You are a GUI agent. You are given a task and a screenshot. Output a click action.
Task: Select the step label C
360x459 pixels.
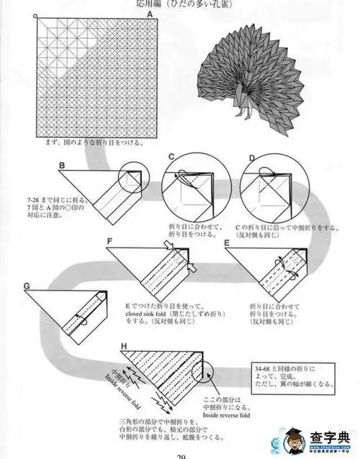coord(171,156)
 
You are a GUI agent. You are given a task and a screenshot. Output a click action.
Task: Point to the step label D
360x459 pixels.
coord(251,156)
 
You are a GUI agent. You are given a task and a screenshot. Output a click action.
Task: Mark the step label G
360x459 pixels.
coord(27,286)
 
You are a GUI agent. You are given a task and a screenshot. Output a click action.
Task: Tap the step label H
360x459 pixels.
coord(124,346)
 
